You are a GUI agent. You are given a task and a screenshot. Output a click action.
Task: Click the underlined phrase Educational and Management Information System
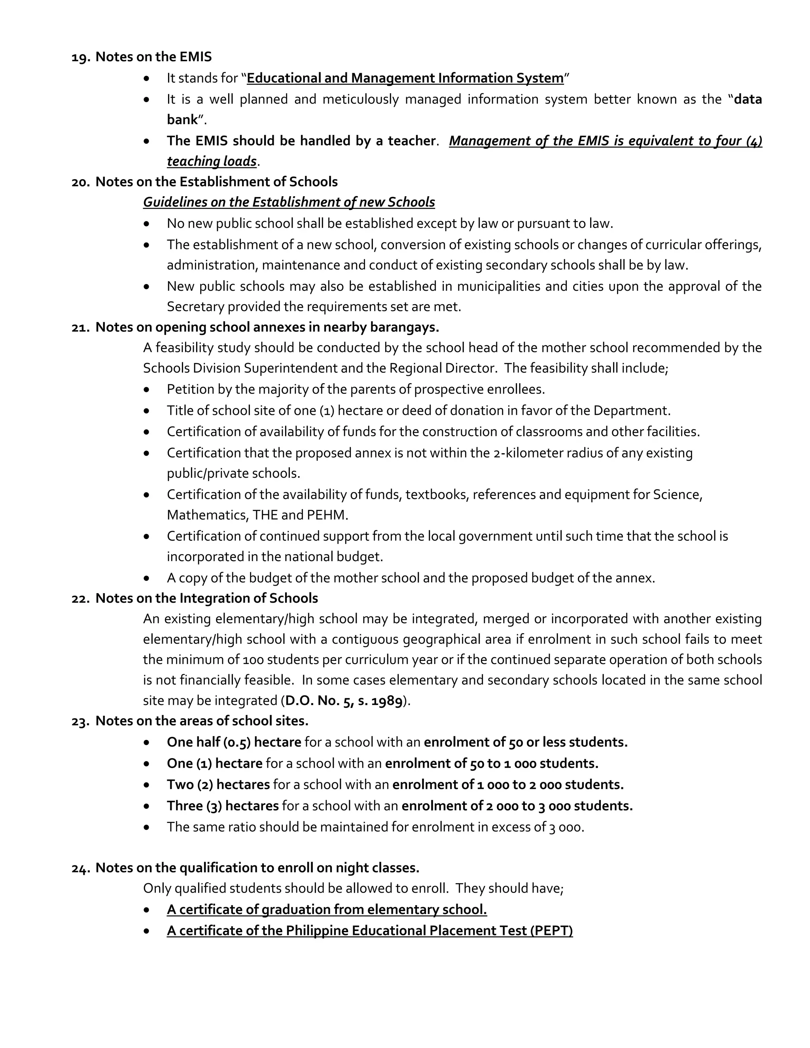coord(405,78)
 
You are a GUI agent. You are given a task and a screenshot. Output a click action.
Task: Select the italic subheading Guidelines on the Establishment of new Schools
coord(289,202)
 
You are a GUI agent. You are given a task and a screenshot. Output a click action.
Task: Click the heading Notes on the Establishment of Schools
coord(216,182)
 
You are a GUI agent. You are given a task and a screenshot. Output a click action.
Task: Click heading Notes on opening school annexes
coord(267,327)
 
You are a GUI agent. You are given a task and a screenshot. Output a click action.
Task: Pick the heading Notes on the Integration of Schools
coord(207,598)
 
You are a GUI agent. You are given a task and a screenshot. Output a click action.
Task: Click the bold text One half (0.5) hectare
coord(234,742)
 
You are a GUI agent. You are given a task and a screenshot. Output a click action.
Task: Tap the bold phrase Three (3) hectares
coord(223,806)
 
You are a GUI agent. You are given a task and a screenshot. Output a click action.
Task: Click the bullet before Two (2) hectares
coord(147,785)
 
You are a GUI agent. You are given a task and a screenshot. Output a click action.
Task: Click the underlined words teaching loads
coord(212,161)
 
